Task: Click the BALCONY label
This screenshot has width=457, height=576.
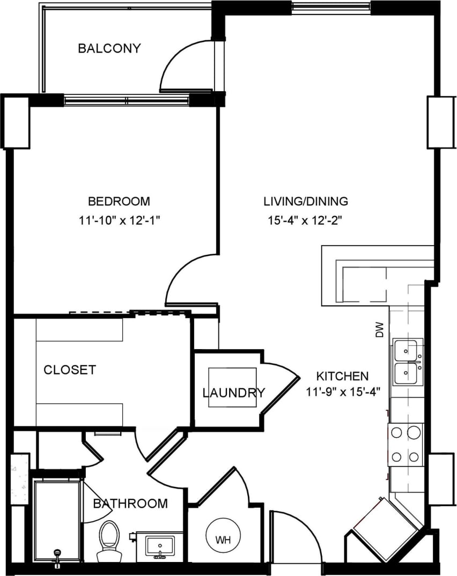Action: click(x=109, y=48)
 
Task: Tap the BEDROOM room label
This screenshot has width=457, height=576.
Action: click(x=119, y=202)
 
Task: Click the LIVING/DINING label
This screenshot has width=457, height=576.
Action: click(x=306, y=202)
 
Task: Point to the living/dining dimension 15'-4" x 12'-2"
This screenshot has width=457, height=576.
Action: click(x=306, y=219)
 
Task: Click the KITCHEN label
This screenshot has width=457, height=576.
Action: click(x=342, y=375)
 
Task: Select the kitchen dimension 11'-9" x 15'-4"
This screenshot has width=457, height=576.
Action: click(x=343, y=392)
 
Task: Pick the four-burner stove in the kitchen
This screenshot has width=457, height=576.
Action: click(x=406, y=444)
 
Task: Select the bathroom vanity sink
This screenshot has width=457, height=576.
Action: click(x=160, y=547)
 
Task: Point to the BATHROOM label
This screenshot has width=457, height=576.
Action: click(x=130, y=504)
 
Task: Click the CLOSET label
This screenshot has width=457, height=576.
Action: click(x=70, y=370)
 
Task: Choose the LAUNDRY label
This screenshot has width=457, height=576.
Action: click(x=233, y=393)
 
